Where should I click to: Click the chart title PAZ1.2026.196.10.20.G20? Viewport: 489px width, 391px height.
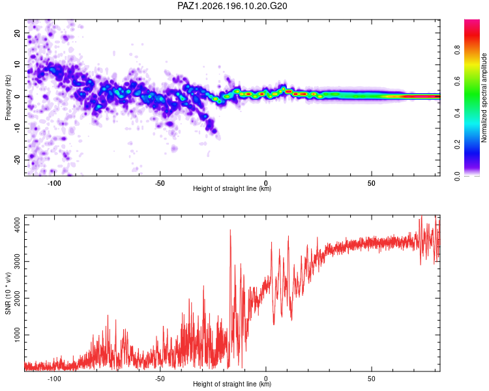click(x=232, y=6)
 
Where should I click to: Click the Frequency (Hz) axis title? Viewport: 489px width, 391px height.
click(x=8, y=98)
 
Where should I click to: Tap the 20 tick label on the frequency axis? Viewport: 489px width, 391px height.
click(x=17, y=33)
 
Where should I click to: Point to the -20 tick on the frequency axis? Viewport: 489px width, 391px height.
click(x=17, y=160)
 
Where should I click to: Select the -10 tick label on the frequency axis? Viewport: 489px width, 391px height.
click(x=17, y=128)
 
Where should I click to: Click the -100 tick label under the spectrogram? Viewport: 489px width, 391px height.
click(x=54, y=183)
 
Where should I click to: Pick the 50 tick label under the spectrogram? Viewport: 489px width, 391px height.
click(x=371, y=183)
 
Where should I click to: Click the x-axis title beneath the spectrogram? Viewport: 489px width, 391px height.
click(x=232, y=188)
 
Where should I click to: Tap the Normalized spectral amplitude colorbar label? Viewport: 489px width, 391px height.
click(x=484, y=98)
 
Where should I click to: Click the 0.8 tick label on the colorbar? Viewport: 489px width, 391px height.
click(x=457, y=50)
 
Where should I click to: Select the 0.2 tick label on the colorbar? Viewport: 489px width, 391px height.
click(x=457, y=145)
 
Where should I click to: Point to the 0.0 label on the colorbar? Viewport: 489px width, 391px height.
click(x=457, y=176)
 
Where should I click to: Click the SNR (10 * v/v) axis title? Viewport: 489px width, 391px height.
click(x=8, y=293)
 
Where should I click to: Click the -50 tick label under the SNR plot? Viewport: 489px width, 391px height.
click(x=160, y=379)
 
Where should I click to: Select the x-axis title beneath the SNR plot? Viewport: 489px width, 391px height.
click(x=232, y=384)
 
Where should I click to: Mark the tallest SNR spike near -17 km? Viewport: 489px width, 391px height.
click(x=230, y=230)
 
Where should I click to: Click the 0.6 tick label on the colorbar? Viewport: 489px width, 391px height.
click(x=457, y=81)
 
